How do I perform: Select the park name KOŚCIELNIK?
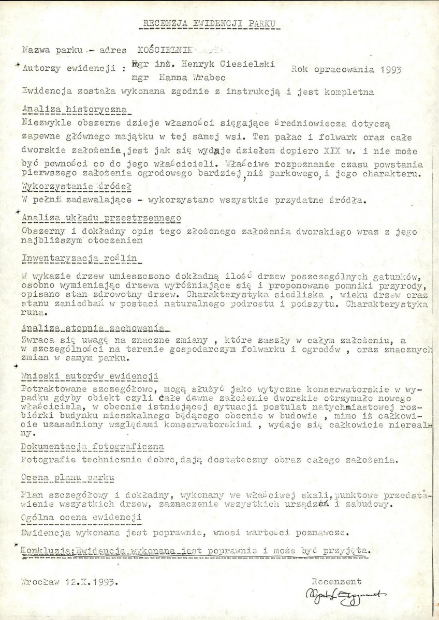164,50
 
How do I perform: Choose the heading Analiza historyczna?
77,110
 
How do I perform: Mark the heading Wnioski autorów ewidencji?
91,375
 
